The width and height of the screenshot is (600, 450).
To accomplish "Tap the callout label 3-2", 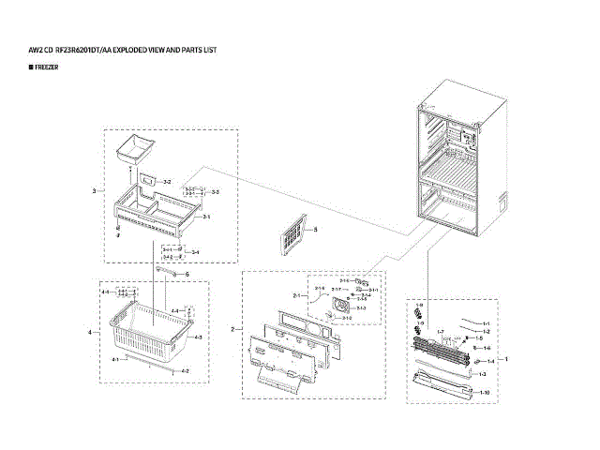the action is pyautogui.click(x=167, y=181).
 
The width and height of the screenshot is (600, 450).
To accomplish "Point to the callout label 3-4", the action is pyautogui.click(x=195, y=252).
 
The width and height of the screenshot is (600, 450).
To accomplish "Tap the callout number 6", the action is pyautogui.click(x=187, y=275).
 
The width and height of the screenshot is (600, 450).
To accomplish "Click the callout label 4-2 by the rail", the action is pyautogui.click(x=185, y=371).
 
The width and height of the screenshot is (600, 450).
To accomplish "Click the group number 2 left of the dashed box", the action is pyautogui.click(x=233, y=329).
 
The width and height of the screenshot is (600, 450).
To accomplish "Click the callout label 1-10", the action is pyautogui.click(x=485, y=391).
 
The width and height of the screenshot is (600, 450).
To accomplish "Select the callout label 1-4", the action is pyautogui.click(x=487, y=348).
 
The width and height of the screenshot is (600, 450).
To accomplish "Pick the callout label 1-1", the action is pyautogui.click(x=486, y=322).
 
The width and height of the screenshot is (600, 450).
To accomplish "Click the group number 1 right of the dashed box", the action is pyautogui.click(x=507, y=359).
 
